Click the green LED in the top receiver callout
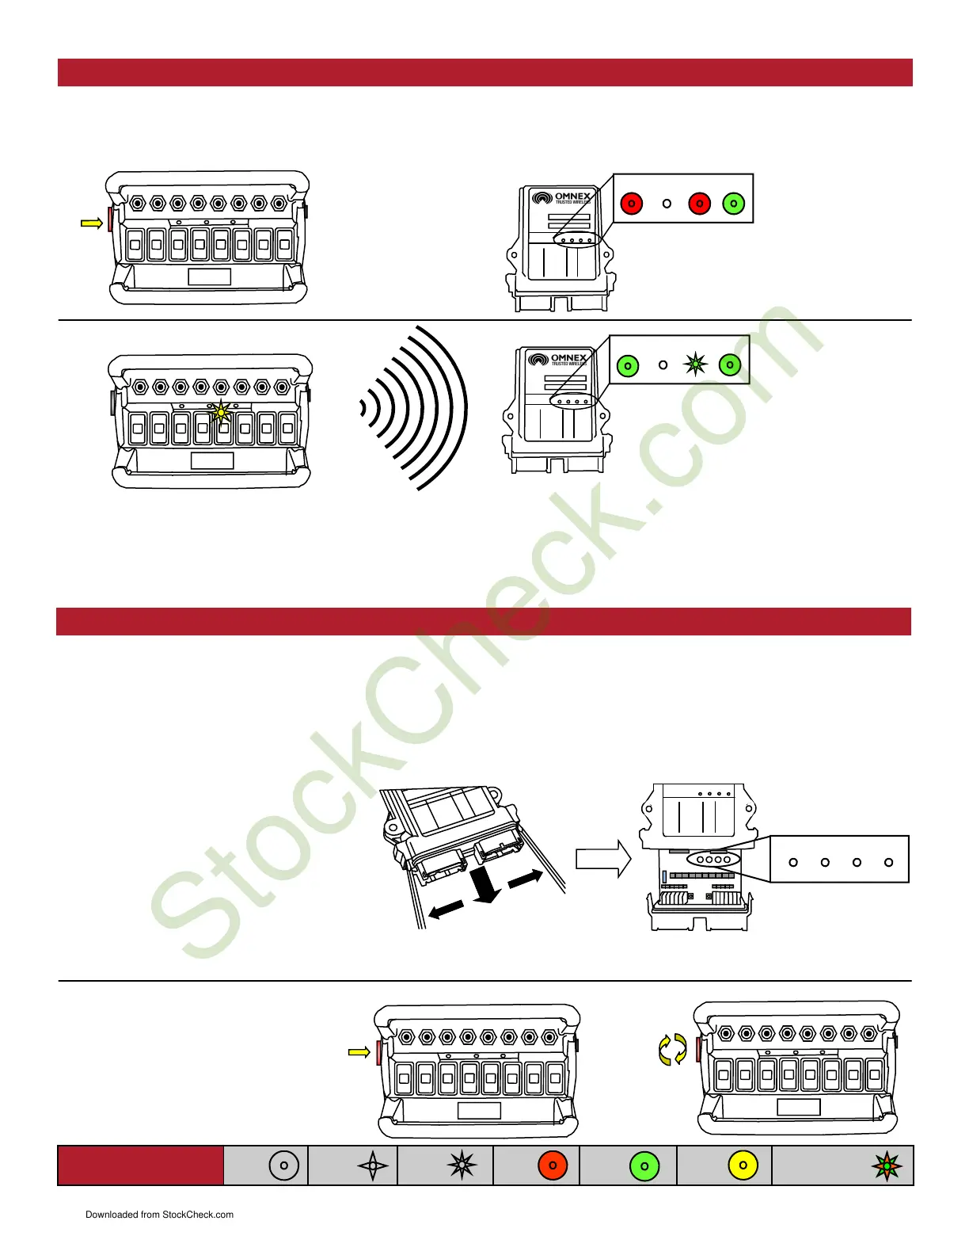pos(734,204)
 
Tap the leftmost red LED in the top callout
pos(631,204)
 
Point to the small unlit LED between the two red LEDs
pos(667,204)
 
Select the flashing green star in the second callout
pos(696,364)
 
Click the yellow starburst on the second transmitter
pos(221,411)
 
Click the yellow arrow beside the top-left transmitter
pos(92,224)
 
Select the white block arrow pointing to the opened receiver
pos(602,859)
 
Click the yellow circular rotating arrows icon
pos(672,1049)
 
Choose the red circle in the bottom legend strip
pos(553,1165)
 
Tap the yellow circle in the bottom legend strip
pos(743,1165)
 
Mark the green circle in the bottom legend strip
pos(644,1165)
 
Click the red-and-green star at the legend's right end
pos(887,1165)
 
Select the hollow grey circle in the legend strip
pos(283,1165)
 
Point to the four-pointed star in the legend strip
pos(373,1165)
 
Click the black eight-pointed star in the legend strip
pos(462,1165)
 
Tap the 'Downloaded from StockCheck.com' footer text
pos(159,1215)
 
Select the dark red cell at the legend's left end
pos(140,1165)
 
